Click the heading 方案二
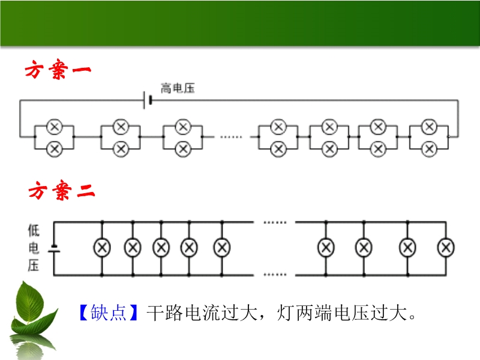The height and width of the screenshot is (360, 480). point(62,192)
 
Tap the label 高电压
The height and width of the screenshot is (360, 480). point(177,89)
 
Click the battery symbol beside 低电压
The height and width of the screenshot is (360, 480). point(54,248)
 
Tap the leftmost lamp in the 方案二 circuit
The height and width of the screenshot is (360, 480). point(101,247)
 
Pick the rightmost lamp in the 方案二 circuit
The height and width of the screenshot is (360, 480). point(445,247)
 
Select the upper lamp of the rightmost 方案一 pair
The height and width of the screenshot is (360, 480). point(429,127)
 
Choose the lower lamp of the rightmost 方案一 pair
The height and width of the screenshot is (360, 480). point(429,148)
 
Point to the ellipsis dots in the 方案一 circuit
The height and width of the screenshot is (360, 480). point(230,137)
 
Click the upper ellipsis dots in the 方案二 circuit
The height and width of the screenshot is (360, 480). point(275,223)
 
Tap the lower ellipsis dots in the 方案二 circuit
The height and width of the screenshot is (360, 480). point(275,275)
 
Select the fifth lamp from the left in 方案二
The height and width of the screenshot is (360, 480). point(222,247)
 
